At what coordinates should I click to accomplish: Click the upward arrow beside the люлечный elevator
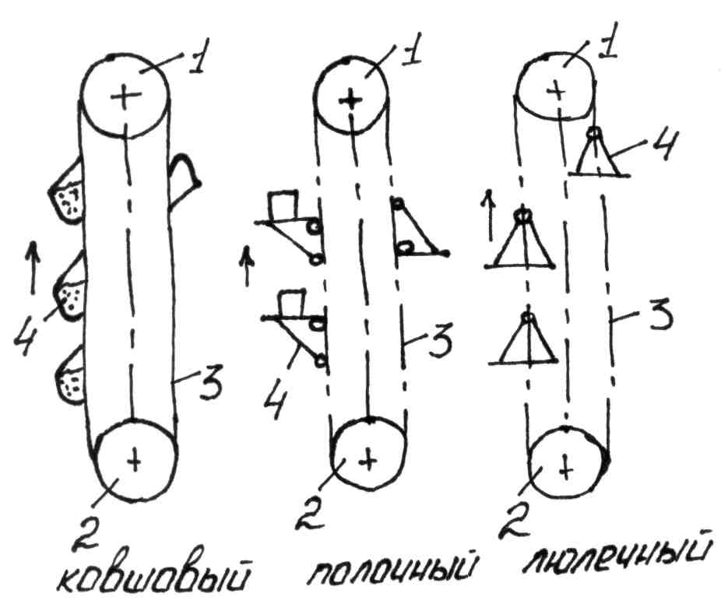click(x=488, y=213)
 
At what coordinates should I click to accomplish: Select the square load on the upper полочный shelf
click(x=282, y=207)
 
